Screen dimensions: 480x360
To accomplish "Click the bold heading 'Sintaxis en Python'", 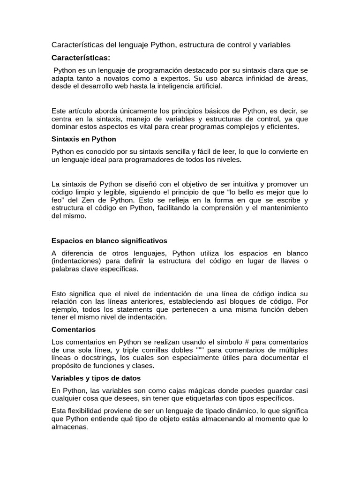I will (x=83, y=139).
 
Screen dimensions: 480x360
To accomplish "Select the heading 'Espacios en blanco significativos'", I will (x=109, y=240).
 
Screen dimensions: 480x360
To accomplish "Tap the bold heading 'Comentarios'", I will (x=73, y=330).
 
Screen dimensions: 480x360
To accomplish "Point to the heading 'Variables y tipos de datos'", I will (x=96, y=378).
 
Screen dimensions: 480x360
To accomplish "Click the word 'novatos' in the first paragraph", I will (x=122, y=78).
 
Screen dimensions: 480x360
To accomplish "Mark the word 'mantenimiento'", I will (x=284, y=208).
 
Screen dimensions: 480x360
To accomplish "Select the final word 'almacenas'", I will (x=69, y=427).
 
